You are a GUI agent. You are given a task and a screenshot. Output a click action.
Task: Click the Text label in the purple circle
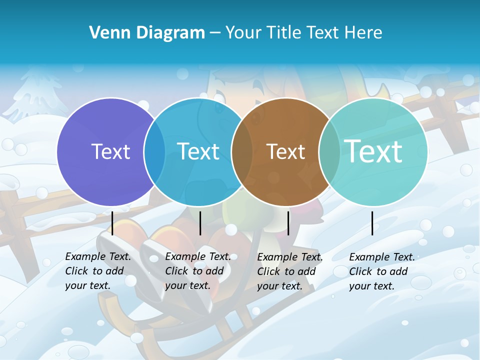110,151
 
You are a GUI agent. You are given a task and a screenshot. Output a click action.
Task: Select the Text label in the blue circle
198,151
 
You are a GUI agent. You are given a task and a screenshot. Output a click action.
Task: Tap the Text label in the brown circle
285,151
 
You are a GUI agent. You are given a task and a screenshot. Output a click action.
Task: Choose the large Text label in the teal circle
373,151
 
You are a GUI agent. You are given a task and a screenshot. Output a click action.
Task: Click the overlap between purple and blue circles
154,152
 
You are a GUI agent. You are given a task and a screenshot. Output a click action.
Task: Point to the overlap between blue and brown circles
242,152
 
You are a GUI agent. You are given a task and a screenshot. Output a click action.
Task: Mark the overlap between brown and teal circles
329,152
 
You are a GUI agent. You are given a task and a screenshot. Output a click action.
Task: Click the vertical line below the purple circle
112,223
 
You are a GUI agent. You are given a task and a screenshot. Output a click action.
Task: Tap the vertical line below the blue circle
200,223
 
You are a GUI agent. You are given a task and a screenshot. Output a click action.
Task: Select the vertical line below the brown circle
288,223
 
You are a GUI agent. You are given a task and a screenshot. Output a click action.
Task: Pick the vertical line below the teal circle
372,223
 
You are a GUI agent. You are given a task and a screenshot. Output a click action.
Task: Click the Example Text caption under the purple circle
97,271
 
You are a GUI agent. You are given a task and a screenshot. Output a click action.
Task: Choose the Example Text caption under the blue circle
197,271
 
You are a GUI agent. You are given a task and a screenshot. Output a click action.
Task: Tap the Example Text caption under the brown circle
289,271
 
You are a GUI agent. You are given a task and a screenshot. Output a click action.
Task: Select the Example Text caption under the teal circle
381,271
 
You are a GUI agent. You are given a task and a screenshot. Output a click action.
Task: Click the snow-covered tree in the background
37,92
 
